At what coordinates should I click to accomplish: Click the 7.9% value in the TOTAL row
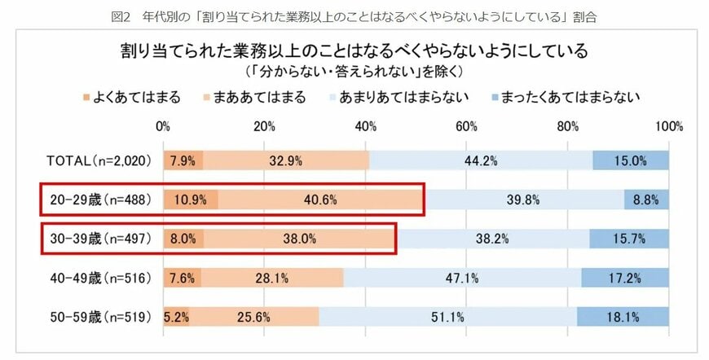coord(183,160)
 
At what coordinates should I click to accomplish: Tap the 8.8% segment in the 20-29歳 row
coord(646,200)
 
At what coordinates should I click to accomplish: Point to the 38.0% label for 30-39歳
coord(299,239)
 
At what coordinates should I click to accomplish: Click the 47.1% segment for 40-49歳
coord(462,278)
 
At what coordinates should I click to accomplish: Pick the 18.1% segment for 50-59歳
coord(623,317)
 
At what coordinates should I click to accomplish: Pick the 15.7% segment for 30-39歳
coord(628,239)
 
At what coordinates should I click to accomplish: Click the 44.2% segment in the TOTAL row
coord(481,160)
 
